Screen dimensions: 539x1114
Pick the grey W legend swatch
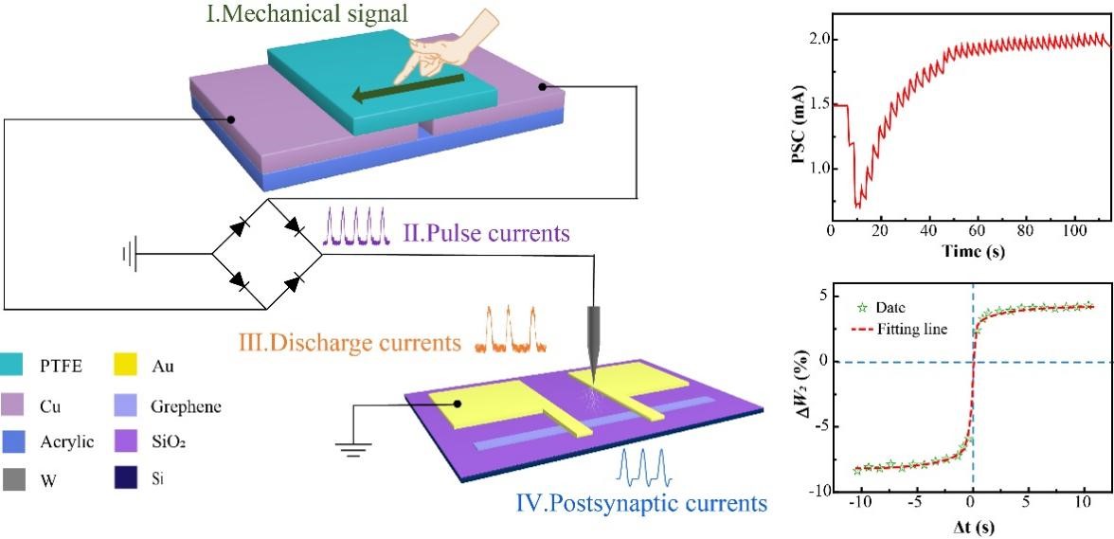point(21,479)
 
